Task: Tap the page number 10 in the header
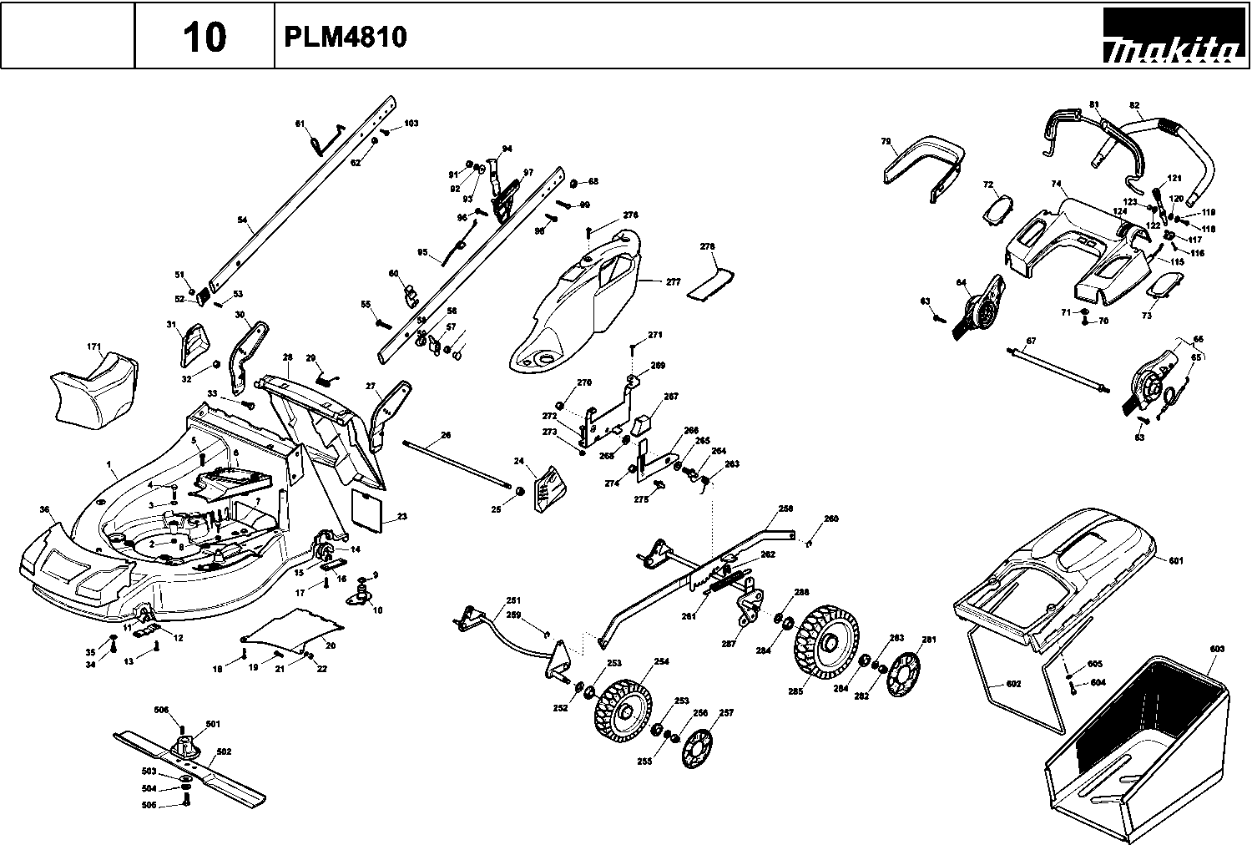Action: pos(204,38)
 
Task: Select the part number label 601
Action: pos(1176,561)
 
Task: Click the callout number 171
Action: pos(94,346)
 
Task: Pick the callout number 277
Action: pos(674,282)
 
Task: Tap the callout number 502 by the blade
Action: pos(223,751)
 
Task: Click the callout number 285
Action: pos(795,692)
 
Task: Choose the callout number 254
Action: pos(661,661)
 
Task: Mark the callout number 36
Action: pos(44,509)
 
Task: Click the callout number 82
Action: pos(1133,105)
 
